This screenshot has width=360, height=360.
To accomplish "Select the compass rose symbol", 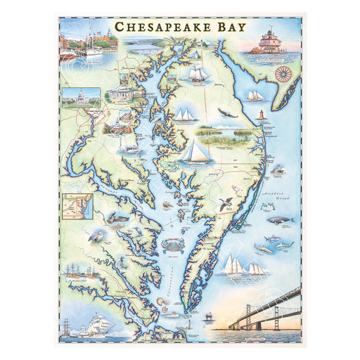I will click(283, 72).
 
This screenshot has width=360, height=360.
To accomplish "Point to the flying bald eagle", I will click(225, 112).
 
